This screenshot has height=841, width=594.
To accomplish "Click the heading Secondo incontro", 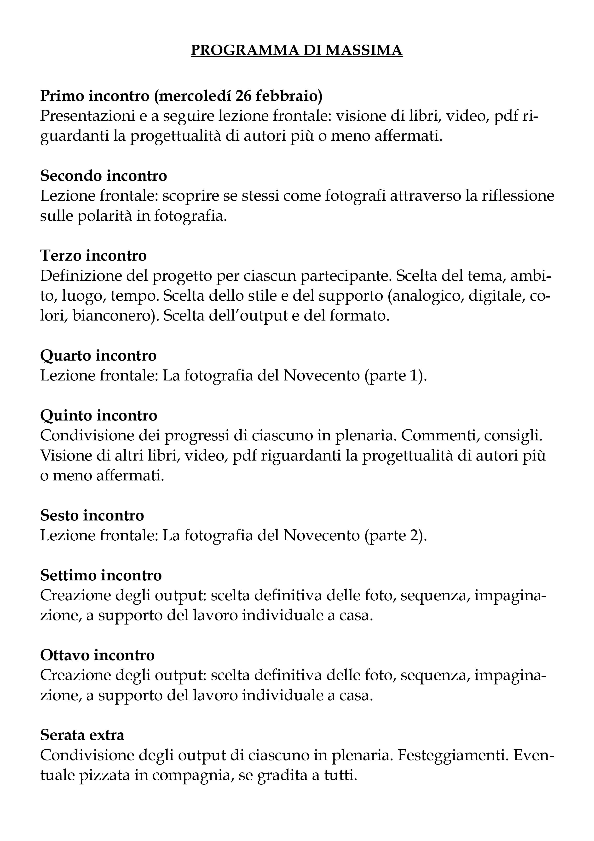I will [x=104, y=175].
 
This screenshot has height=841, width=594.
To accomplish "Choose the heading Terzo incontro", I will [x=93, y=255].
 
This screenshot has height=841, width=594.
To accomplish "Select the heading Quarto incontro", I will [x=98, y=355].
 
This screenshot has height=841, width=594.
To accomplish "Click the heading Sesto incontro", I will [x=92, y=515].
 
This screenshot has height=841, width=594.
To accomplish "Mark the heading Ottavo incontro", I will [x=97, y=655].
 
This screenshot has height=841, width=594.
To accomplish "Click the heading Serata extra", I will [x=82, y=735].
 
